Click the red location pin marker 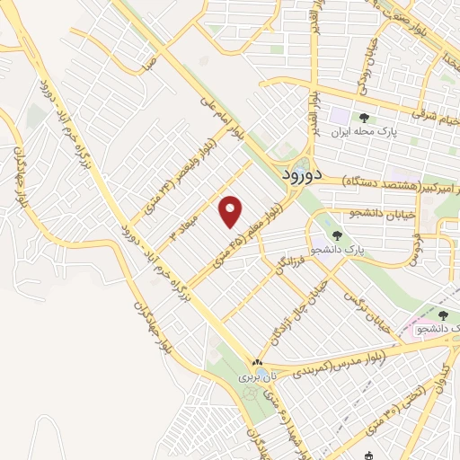tap(231, 211)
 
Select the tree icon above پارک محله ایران tap(364, 118)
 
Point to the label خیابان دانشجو tap(376, 214)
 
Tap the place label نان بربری tap(255, 378)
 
